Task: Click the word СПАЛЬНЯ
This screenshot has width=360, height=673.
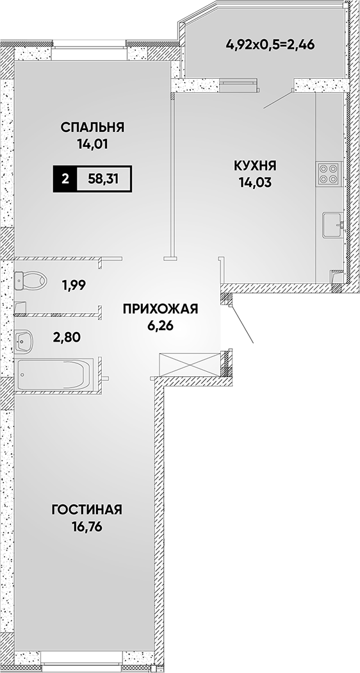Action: point(92,127)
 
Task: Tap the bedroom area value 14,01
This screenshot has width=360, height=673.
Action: point(92,144)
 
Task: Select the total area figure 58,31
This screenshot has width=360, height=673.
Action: point(103,179)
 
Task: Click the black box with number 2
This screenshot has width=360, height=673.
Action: point(65,179)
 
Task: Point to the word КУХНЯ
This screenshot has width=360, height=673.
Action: point(255,165)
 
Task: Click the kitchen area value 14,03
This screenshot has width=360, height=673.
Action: point(255,183)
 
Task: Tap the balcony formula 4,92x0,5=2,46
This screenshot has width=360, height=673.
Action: point(271,44)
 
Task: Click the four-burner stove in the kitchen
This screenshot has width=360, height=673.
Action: point(329,173)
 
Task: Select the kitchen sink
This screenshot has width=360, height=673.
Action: point(333,224)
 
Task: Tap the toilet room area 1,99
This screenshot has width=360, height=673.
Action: point(74,285)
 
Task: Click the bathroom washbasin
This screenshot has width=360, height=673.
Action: point(23,341)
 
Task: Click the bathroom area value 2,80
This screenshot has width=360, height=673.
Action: point(67,337)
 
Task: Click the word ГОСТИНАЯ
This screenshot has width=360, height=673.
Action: point(87,510)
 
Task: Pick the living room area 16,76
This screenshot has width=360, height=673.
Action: point(87,527)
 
